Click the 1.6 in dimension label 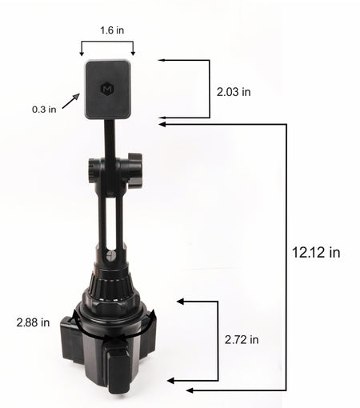click(x=112, y=30)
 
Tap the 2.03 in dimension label click(x=234, y=92)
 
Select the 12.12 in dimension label click(x=316, y=252)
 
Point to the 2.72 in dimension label click(x=242, y=340)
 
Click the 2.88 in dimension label click(x=33, y=322)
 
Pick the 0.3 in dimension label click(x=44, y=110)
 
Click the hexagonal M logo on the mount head click(x=107, y=89)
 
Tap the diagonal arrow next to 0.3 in click(x=71, y=101)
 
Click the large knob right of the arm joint click(x=134, y=170)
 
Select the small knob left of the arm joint click(x=93, y=170)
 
